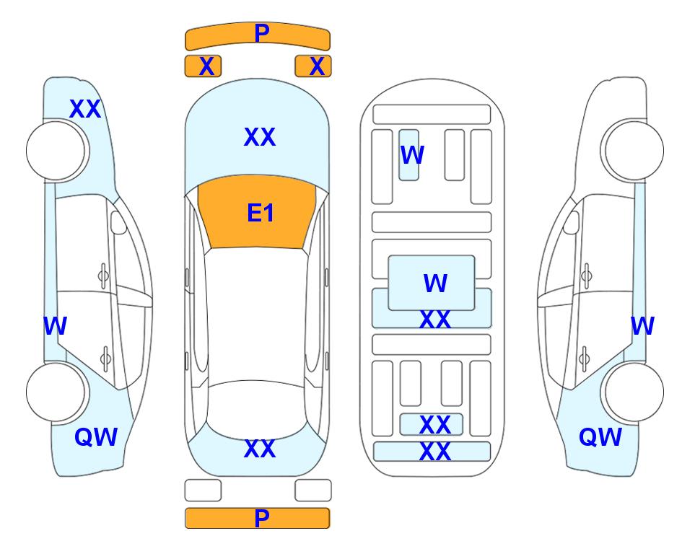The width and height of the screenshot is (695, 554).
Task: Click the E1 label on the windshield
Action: coord(261,213)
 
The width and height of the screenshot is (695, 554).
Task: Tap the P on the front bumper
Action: coord(262,32)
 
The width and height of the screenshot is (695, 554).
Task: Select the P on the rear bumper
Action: coord(262,518)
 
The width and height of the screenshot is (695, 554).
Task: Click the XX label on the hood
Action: coord(260,137)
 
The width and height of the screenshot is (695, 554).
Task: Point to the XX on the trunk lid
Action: coord(260,449)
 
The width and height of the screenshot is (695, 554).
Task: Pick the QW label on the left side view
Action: coord(96,437)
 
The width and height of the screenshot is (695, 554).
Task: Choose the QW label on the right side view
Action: coord(600,437)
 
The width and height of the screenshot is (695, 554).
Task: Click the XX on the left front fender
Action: coord(85,109)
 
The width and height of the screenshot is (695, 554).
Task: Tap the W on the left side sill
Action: coord(55,326)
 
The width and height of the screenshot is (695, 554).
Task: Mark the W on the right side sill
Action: coord(642,326)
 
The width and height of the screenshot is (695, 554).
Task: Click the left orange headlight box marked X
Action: coord(203,66)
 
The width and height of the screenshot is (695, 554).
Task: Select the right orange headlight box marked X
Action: coord(313,66)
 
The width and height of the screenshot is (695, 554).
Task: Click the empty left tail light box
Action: coord(203,491)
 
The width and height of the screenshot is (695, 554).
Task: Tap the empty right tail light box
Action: coord(313,491)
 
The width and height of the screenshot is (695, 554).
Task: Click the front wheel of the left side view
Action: coord(56,151)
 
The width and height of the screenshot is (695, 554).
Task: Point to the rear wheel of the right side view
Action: coord(634,392)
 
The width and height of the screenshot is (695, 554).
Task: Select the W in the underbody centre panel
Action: coord(435,283)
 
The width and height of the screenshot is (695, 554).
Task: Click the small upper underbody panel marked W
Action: coord(408,155)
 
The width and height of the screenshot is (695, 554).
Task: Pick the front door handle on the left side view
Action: coord(103,276)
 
